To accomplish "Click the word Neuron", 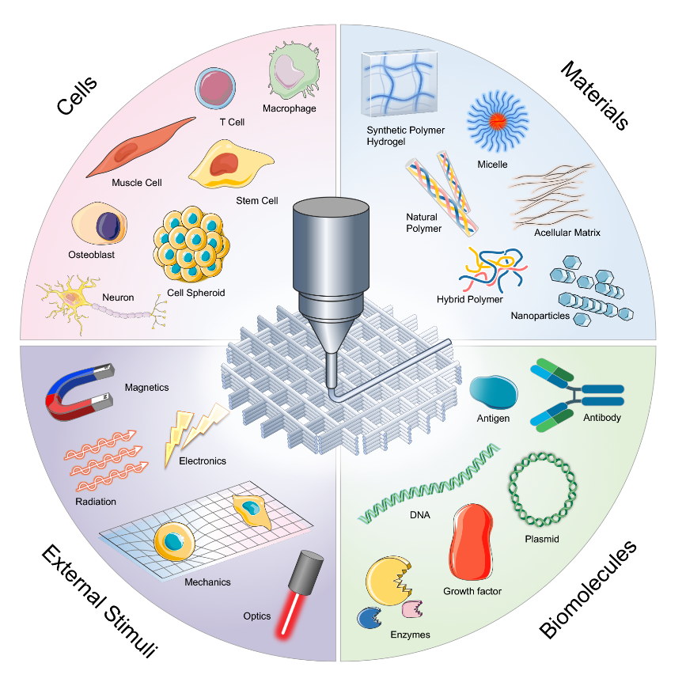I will point(117,298).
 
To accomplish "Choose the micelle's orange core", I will point(497,121).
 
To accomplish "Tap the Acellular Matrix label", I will point(567,233).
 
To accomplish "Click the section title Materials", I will point(593,94).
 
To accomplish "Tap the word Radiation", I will point(96,501).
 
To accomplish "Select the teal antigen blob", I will point(494,391).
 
